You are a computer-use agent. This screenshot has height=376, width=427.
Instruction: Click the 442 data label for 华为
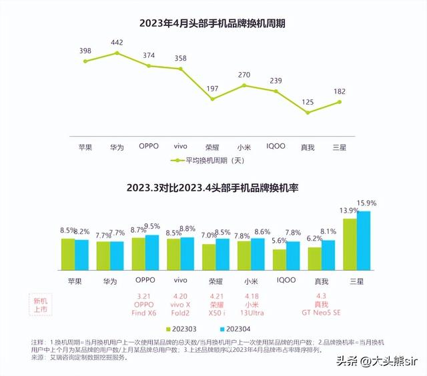click(x=117, y=42)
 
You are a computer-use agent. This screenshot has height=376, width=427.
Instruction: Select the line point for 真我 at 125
click(x=308, y=113)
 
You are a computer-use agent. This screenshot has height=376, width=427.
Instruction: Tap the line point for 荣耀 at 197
click(x=212, y=99)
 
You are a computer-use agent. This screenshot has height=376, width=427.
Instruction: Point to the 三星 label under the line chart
click(x=340, y=146)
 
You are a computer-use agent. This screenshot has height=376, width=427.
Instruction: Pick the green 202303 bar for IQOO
click(x=280, y=259)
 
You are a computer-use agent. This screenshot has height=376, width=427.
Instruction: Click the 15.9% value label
click(x=367, y=203)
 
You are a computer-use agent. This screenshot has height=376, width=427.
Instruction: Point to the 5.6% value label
click(x=278, y=241)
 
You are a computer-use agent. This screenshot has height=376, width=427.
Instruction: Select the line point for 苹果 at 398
click(x=85, y=61)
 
